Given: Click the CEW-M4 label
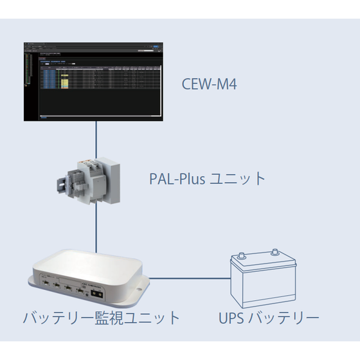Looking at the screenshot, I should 210,84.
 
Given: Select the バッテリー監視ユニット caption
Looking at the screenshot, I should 102,318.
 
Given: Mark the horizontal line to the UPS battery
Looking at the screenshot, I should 190,279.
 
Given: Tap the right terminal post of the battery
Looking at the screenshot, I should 277,253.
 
